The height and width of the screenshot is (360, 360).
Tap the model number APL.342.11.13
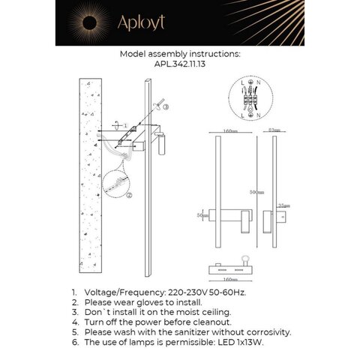179,65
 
